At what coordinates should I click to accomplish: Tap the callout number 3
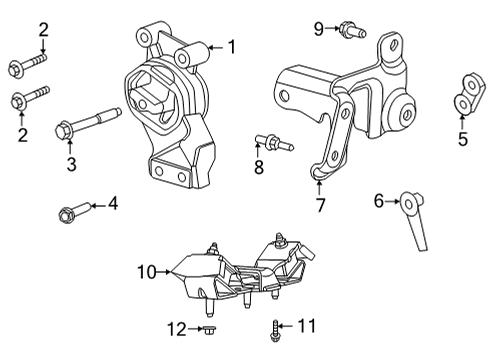pos(71,165)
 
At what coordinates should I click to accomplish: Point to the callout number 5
pos(463,140)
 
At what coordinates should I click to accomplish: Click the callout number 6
pos(379,201)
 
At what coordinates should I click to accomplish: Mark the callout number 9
pos(318,28)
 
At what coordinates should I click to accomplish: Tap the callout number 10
pos(147,270)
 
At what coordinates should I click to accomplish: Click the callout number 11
pos(308,326)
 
